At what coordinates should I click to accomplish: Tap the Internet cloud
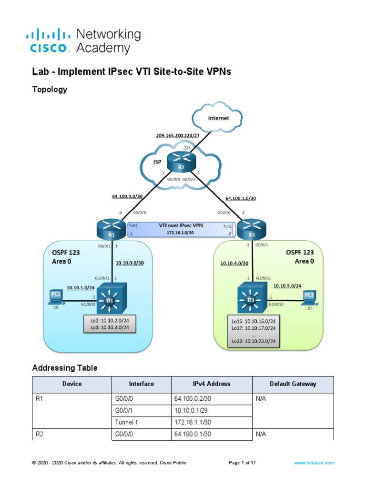pyautogui.click(x=218, y=118)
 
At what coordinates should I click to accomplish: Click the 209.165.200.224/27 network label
pyautogui.click(x=177, y=135)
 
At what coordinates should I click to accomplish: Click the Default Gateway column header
pyautogui.click(x=293, y=384)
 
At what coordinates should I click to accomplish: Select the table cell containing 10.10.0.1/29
pyautogui.click(x=211, y=409)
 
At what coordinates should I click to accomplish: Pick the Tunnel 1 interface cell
pyautogui.click(x=141, y=422)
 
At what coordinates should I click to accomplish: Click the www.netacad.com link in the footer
pyautogui.click(x=314, y=463)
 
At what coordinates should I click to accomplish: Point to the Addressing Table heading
pyautogui.click(x=64, y=368)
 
